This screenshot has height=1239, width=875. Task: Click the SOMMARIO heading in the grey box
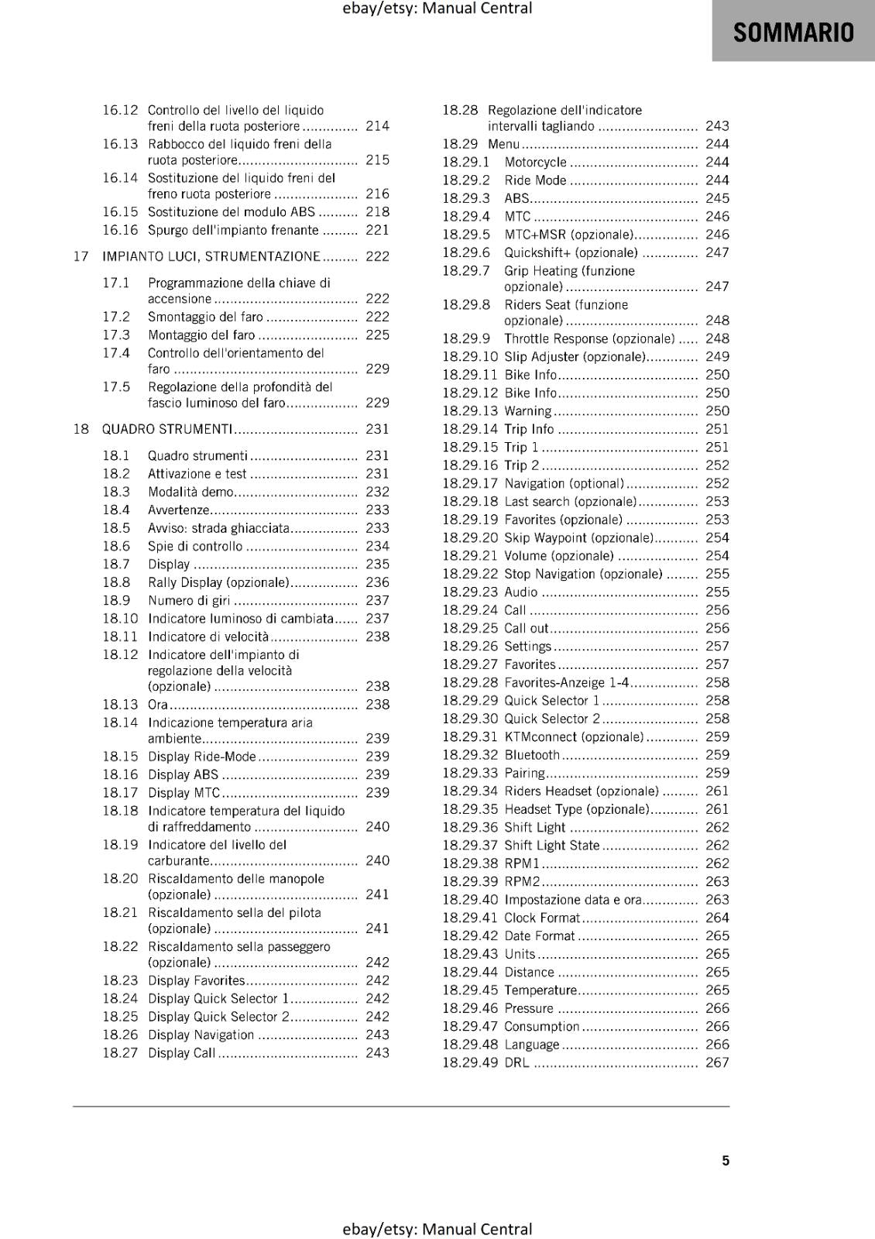793,33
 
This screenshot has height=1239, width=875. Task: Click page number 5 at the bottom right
726,1160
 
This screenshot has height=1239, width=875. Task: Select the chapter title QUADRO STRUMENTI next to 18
167,429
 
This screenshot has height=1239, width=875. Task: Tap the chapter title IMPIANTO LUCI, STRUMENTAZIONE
211,256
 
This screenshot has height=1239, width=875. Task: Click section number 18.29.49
469,1062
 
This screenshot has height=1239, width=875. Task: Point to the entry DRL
516,1062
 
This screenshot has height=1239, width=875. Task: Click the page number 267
717,1062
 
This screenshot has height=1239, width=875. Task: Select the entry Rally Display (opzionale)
218,582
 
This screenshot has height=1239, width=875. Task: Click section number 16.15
120,211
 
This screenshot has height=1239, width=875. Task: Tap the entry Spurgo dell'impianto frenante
233,230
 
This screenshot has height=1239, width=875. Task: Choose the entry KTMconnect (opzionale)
574,736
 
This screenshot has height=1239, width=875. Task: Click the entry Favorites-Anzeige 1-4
566,682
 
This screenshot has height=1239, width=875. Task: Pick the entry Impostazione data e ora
573,900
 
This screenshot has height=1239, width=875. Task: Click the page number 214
377,125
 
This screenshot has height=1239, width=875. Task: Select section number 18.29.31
469,736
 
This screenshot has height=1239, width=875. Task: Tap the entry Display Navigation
201,1035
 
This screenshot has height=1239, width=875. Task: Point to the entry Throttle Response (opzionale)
588,338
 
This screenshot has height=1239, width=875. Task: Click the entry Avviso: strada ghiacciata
218,528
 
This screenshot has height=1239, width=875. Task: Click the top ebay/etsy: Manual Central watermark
437,9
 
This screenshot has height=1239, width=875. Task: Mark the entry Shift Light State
551,846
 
